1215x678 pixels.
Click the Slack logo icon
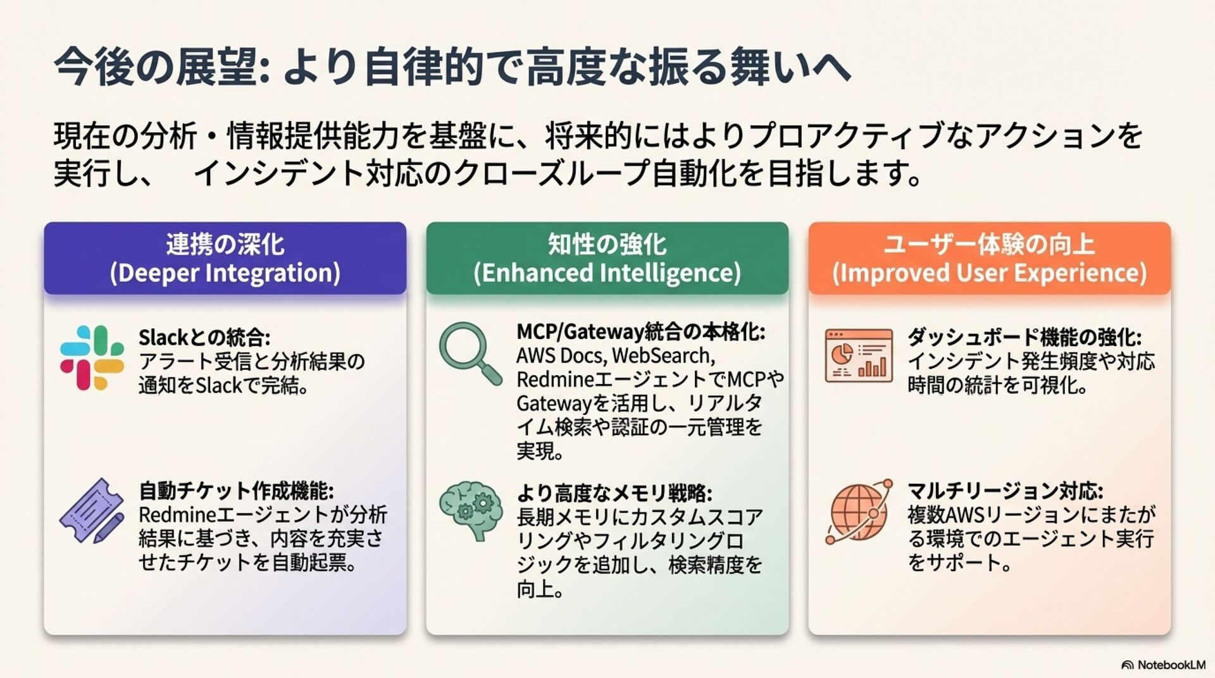pyautogui.click(x=92, y=357)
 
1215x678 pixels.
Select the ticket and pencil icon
pyautogui.click(x=92, y=510)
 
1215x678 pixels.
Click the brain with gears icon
pyautogui.click(x=471, y=510)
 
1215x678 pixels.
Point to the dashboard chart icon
pyautogui.click(x=859, y=355)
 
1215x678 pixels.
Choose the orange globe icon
pyautogui.click(x=859, y=511)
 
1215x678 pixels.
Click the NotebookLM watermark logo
pyautogui.click(x=1163, y=665)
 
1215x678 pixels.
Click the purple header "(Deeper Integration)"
pyautogui.click(x=225, y=273)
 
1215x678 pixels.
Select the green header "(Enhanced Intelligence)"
pyautogui.click(x=607, y=273)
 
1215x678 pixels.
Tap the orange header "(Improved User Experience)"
pyautogui.click(x=989, y=273)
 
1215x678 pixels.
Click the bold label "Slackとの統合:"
pyautogui.click(x=204, y=337)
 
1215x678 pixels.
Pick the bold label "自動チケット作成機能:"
pyautogui.click(x=236, y=490)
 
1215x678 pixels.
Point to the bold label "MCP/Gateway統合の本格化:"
pyautogui.click(x=640, y=331)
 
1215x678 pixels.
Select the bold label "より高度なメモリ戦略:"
pyautogui.click(x=614, y=493)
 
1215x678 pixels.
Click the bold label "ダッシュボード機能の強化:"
pyautogui.click(x=1025, y=337)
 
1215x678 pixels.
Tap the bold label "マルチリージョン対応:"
pyautogui.click(x=1006, y=490)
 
